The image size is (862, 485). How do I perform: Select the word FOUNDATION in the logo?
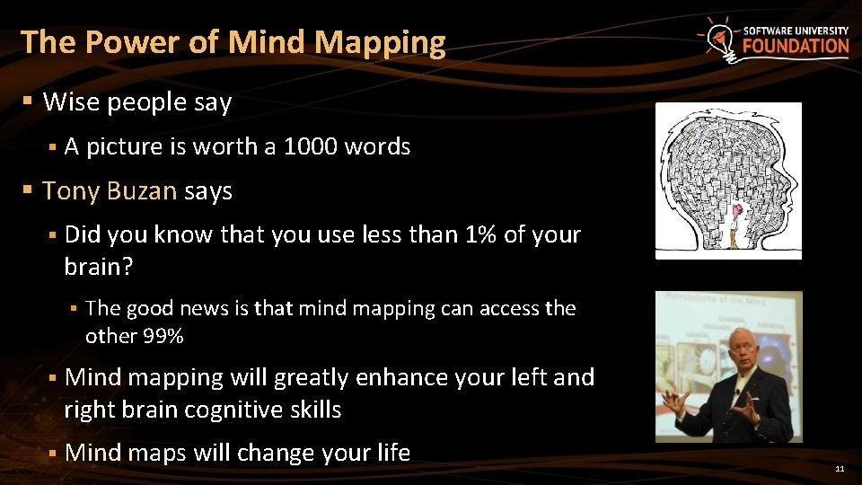tap(796, 47)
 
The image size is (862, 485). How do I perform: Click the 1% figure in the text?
tap(481, 235)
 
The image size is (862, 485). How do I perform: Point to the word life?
tap(392, 453)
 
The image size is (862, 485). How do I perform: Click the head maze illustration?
tap(727, 180)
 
